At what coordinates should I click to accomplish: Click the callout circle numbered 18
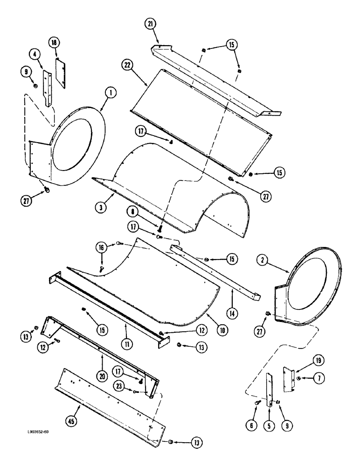click(x=54, y=43)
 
